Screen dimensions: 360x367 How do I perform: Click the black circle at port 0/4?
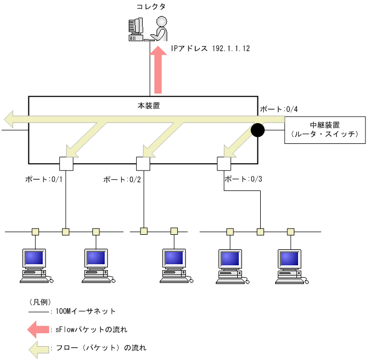(258, 130)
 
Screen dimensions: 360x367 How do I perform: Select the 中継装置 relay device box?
(325, 129)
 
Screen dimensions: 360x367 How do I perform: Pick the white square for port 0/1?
(66, 163)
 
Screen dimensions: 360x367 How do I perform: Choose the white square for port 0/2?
(143, 163)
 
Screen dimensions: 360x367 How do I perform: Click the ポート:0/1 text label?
(44, 179)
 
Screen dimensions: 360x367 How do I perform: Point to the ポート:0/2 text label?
(122, 179)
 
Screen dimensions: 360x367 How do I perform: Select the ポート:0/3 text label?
(243, 179)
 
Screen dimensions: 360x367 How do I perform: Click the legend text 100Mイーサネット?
(85, 311)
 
